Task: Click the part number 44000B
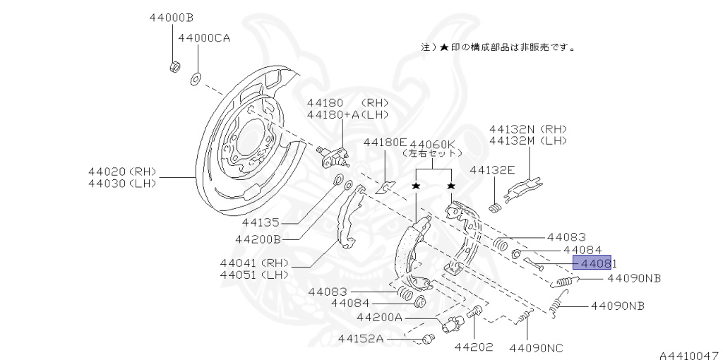coord(171,16)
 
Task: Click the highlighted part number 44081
coord(592,263)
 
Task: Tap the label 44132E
coord(492,169)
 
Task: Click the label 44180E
coord(386,142)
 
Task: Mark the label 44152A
coord(360,339)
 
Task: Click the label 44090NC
coord(536,347)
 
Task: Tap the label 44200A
coord(379,318)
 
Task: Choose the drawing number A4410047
coord(690,353)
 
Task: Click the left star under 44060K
coord(416,186)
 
